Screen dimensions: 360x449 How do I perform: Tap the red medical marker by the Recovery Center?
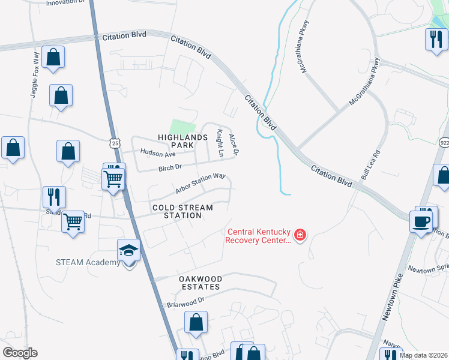pos(300,235)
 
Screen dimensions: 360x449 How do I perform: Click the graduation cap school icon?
pos(129,250)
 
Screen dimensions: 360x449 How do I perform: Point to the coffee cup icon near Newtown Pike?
pos(421,220)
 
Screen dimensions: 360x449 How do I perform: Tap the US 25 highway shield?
pos(115,143)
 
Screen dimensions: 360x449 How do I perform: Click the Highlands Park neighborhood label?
pos(175,141)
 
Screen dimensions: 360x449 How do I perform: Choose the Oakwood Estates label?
pos(200,283)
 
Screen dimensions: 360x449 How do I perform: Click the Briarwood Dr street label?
pos(186,302)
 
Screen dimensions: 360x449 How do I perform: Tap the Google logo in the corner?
pos(20,352)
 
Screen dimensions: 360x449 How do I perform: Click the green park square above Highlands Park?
pos(182,127)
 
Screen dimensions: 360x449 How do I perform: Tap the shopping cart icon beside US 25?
pos(113,179)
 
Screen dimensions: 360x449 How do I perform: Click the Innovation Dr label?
pos(66,2)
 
